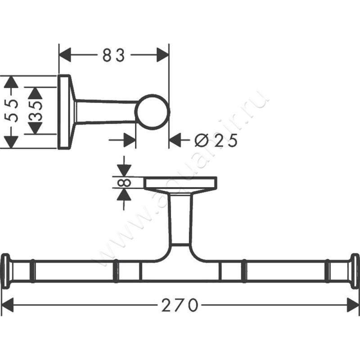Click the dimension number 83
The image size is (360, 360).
pos(114,56)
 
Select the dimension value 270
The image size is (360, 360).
pos(180,306)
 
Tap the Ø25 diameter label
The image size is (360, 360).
pos(216,141)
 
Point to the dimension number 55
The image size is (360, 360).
pos(13,111)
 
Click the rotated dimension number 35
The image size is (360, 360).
pos(36,111)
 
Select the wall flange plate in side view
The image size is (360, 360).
pos(64,112)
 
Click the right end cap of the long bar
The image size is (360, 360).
pos(355,270)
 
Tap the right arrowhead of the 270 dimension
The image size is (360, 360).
pos(352,306)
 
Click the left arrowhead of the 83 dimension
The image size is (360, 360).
pos(66,56)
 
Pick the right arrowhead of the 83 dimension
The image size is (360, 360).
pos(162,56)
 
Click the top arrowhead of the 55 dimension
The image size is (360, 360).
pos(11,82)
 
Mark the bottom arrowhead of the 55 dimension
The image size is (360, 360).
pos(11,141)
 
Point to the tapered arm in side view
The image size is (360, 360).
pos(106,112)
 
